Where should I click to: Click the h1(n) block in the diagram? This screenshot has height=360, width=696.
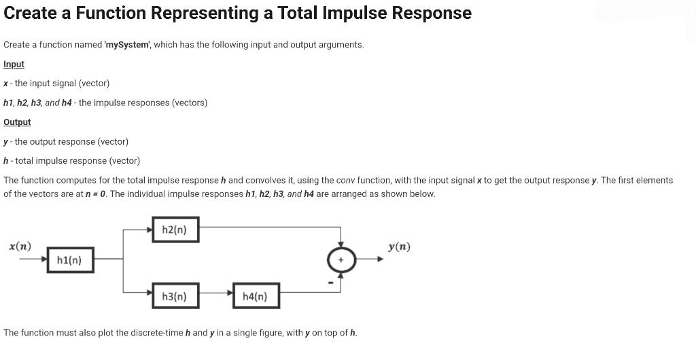click(x=69, y=260)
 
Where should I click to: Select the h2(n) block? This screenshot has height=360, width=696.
click(x=175, y=230)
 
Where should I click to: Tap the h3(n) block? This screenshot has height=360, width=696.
click(x=175, y=296)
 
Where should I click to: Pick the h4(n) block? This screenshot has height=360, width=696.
click(x=256, y=296)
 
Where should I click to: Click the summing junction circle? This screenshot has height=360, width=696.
click(x=341, y=259)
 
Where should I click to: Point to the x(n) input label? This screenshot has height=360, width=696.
click(x=19, y=246)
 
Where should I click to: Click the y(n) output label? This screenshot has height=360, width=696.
click(x=399, y=247)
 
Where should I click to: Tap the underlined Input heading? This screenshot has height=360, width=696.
click(x=14, y=64)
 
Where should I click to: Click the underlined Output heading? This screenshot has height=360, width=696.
click(x=17, y=122)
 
